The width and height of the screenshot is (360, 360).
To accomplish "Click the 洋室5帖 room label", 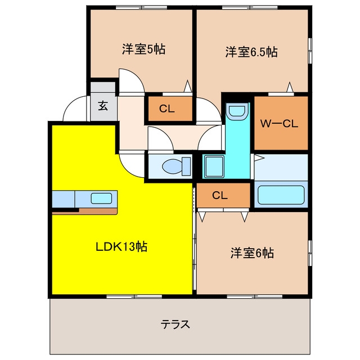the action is [x=143, y=49].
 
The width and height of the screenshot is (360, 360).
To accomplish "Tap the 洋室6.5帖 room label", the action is [x=251, y=52].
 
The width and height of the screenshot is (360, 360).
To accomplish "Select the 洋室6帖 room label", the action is [x=252, y=253].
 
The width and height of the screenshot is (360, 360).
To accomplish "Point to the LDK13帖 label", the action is [x=121, y=246].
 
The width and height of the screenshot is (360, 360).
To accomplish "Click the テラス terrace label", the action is [x=175, y=324].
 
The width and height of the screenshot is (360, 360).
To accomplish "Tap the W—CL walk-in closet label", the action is [x=279, y=124].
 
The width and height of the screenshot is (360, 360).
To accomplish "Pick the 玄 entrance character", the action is [x=103, y=106].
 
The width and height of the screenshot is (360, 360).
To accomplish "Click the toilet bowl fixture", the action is [x=176, y=166].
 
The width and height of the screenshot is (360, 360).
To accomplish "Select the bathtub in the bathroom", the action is [x=281, y=195].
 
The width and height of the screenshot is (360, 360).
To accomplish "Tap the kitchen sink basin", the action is [x=101, y=199].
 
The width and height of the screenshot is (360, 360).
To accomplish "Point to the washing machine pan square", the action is [x=214, y=166].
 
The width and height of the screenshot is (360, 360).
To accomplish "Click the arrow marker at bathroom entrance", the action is [x=259, y=158].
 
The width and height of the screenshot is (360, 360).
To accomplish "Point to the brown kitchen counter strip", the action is [x=85, y=211].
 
